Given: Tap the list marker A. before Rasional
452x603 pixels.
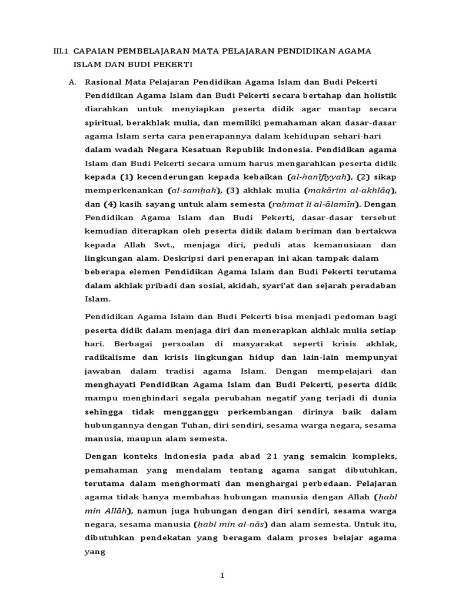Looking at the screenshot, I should click(73, 82).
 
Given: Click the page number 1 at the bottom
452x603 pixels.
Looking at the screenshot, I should click(223, 575).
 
